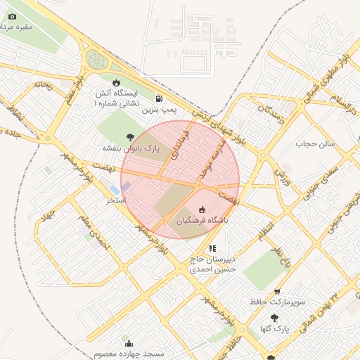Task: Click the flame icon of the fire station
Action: click(x=126, y=83)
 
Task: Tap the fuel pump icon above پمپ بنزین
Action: click(x=160, y=99)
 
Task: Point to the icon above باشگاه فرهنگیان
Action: click(x=203, y=210)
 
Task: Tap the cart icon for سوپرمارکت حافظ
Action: click(x=277, y=291)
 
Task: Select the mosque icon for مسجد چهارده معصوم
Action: click(x=129, y=343)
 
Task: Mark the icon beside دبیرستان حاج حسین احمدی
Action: click(x=212, y=248)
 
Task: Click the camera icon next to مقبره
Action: click(x=12, y=16)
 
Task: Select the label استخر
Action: click(x=115, y=201)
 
